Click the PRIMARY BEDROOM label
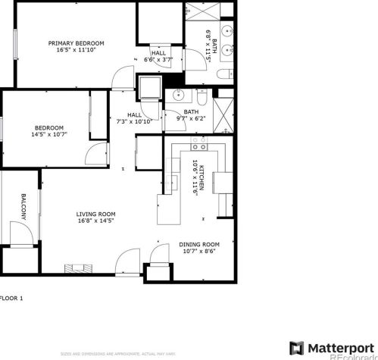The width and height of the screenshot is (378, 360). pos(76,43)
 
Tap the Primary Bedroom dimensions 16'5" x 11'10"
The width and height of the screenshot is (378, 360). pos(76,52)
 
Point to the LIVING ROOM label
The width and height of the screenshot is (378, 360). pos(95,214)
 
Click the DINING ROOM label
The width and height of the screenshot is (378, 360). pos(199,244)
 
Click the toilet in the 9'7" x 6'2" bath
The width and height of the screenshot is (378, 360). pos(201,96)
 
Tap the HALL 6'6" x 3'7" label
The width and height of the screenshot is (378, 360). pos(158,56)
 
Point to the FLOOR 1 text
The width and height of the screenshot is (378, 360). pos(12,298)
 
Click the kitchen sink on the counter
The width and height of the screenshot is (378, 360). pos(224,182)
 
